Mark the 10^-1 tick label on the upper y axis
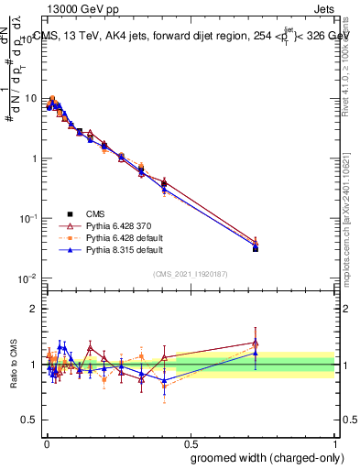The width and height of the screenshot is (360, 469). click(x=27, y=218)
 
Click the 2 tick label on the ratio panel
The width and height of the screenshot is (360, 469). click(x=35, y=309)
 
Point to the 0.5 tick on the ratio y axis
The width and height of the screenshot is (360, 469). click(x=31, y=420)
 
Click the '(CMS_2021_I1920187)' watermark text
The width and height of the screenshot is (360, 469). click(x=190, y=274)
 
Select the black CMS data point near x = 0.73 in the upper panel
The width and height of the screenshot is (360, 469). click(x=256, y=248)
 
